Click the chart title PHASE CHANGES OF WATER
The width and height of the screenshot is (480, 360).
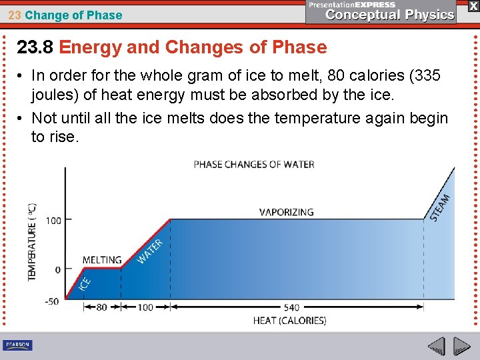tap(254, 164)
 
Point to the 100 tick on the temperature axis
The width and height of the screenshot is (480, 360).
tap(53, 220)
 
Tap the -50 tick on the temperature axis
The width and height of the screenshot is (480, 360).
tap(51, 301)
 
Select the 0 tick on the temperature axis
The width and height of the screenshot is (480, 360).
tap(58, 269)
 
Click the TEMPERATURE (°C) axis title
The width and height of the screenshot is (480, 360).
tap(33, 242)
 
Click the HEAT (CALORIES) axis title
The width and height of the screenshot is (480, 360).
tap(289, 321)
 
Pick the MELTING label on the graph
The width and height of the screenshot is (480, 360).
tap(102, 260)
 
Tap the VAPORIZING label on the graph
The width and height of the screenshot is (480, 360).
tap(286, 212)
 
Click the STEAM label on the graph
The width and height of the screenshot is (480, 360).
tap(441, 207)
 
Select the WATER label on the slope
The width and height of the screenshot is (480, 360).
tap(150, 251)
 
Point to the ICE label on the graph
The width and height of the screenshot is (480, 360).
tap(85, 283)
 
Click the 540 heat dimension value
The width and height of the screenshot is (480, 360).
tap(291, 307)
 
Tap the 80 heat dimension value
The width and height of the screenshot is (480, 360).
tap(101, 307)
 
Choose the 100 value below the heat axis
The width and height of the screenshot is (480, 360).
tap(145, 307)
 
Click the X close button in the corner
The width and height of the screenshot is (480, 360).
tap(472, 5)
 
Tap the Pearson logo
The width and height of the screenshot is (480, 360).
tap(17, 345)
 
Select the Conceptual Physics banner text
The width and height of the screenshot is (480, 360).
tap(389, 15)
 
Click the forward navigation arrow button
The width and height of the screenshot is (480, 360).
tap(462, 347)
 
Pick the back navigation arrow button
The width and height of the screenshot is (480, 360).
tap(436, 347)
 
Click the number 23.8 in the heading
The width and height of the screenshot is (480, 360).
tap(35, 47)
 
